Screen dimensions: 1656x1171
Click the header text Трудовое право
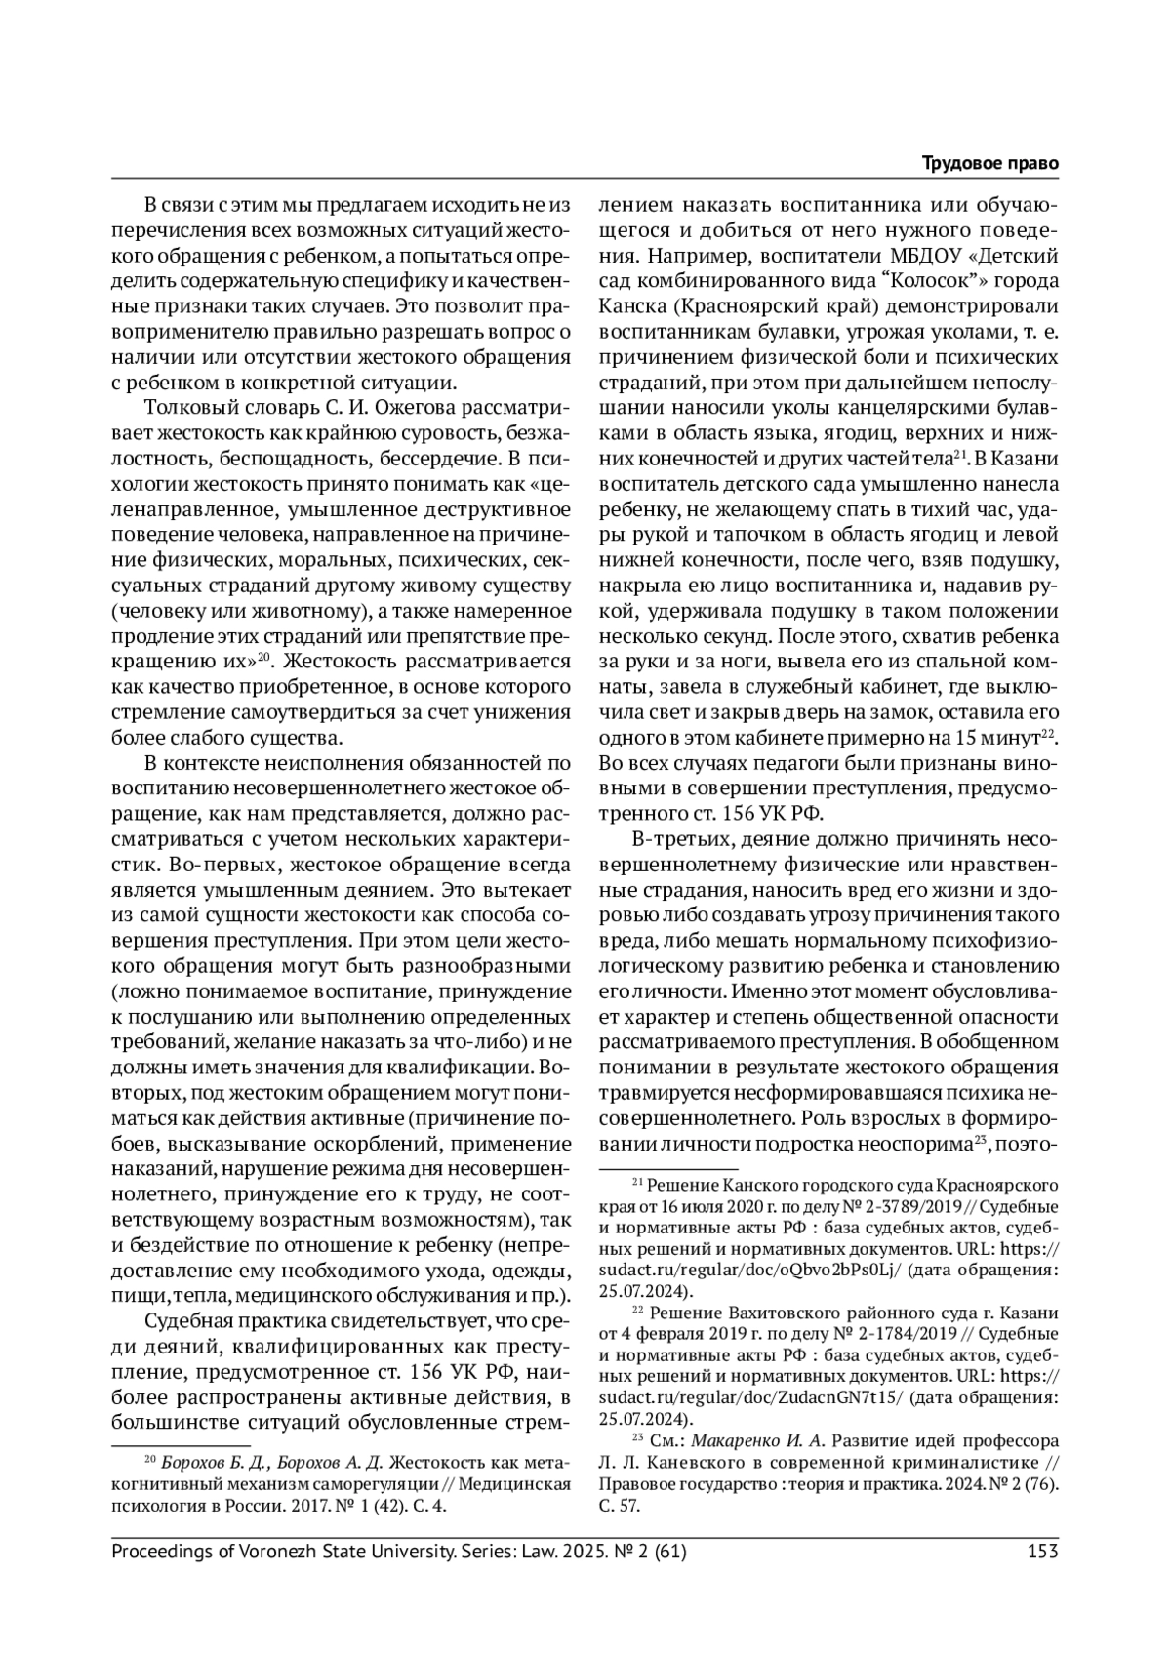click(x=990, y=163)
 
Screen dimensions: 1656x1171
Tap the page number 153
click(x=1043, y=1551)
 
